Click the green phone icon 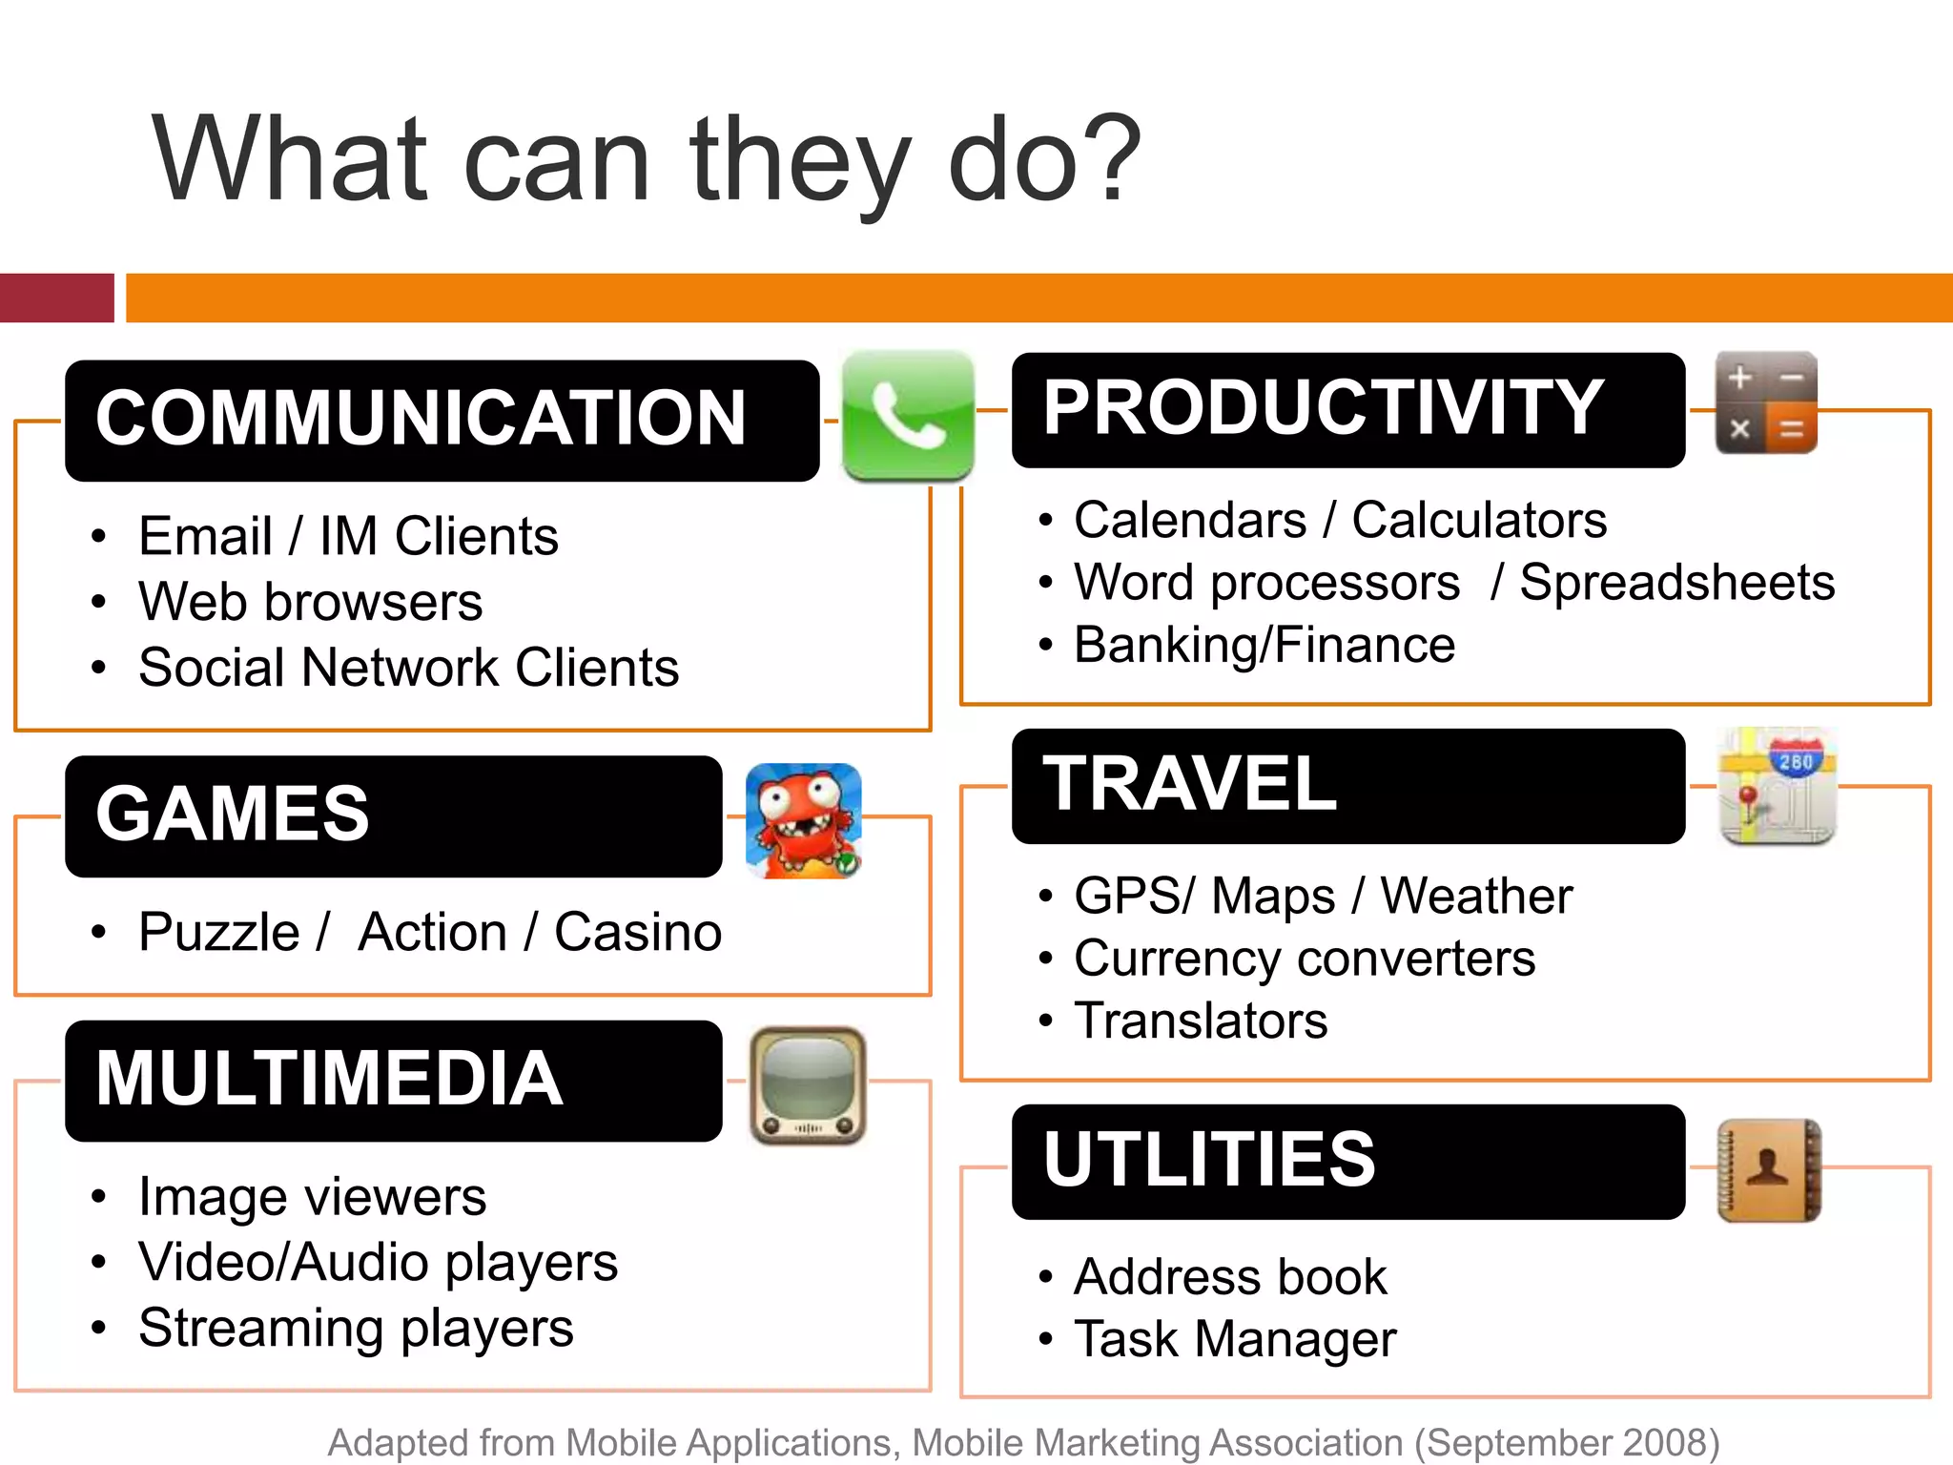pos(908,416)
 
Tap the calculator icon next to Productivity pos(1766,402)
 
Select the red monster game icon pos(803,820)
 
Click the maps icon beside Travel pos(1778,786)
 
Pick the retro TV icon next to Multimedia pos(808,1084)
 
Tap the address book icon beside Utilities pos(1769,1170)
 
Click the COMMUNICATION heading pos(421,419)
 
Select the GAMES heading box pos(393,815)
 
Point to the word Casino pos(638,932)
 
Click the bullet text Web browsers pos(310,602)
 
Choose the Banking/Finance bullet pos(1264,645)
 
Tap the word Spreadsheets pos(1676,582)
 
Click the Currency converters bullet pos(1304,958)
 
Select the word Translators pos(1201,1021)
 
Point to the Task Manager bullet pos(1234,1338)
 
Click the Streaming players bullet pos(356,1328)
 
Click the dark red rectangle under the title pos(56,298)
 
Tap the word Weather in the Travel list pos(1476,896)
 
